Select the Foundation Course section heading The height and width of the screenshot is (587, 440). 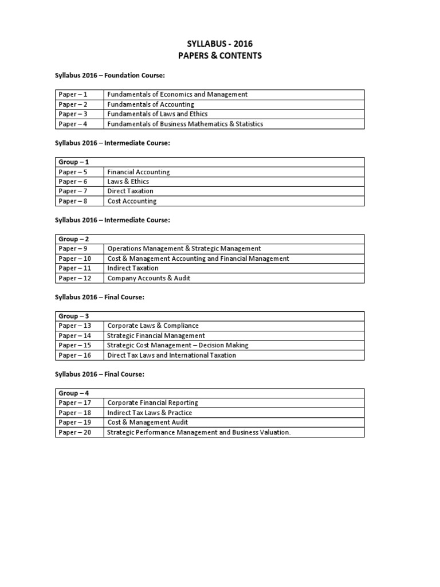pyautogui.click(x=111, y=75)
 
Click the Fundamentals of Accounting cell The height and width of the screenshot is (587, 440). pyautogui.click(x=151, y=104)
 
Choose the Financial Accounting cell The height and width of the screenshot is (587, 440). pyautogui.click(x=139, y=172)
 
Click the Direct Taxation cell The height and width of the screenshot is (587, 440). pyautogui.click(x=130, y=191)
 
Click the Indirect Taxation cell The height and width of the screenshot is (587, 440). pyautogui.click(x=133, y=268)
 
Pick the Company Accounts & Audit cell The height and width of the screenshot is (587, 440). pyautogui.click(x=149, y=278)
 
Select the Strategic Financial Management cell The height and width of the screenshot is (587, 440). pyautogui.click(x=156, y=335)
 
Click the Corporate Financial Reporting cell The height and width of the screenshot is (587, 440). pyautogui.click(x=152, y=403)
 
